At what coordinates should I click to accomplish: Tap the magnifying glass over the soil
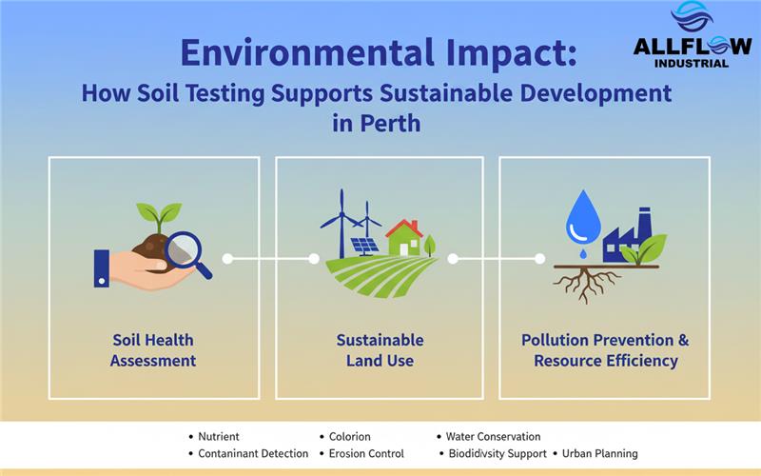coord(185,251)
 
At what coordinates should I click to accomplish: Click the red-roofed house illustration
coord(403,238)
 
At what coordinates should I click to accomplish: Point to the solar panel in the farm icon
coord(365,246)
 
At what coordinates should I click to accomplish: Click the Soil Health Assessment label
coord(153,350)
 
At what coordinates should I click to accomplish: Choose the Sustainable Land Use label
coord(380,350)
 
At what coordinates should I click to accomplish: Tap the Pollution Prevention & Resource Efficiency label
coord(605,350)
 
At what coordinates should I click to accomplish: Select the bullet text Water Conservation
coord(493,436)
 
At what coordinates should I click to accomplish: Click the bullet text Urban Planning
coord(599,454)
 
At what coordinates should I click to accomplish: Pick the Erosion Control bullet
coord(366,454)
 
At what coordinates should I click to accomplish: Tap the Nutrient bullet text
coord(219,436)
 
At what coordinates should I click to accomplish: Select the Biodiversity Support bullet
coord(498,454)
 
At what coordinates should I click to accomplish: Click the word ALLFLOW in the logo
coord(692,47)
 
